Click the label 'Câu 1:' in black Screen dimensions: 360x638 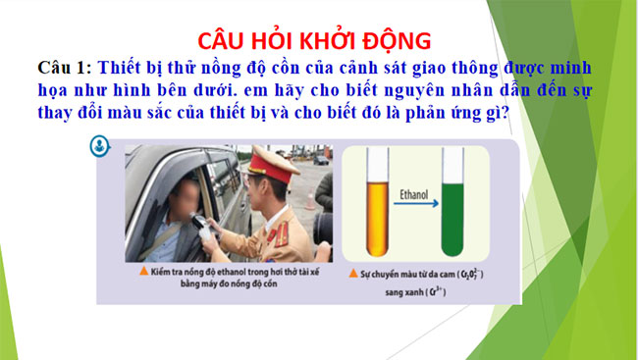point(64,67)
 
